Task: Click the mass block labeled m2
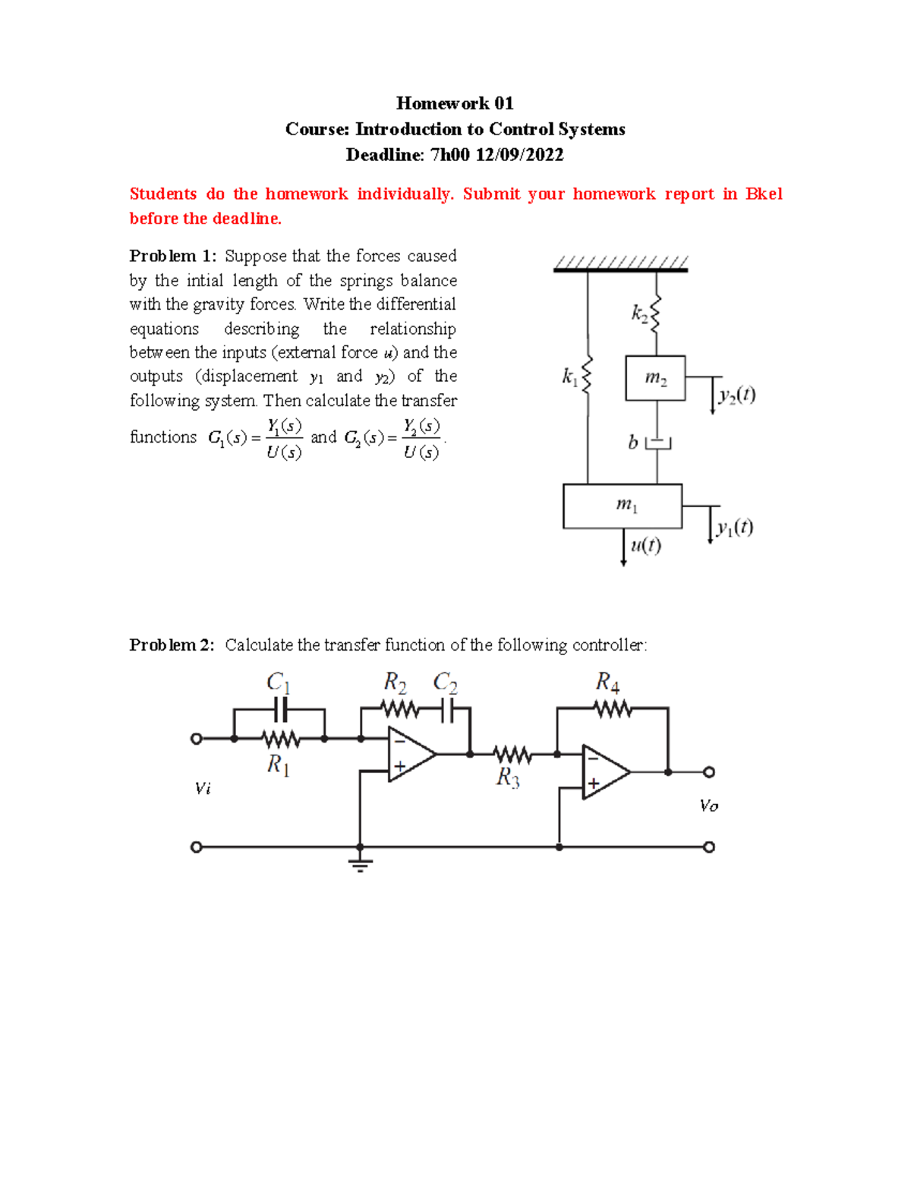[x=655, y=378]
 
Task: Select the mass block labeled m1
[x=623, y=506]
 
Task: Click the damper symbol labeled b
[x=657, y=442]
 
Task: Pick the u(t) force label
[x=645, y=545]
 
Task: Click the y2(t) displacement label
[x=736, y=395]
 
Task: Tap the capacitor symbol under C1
[x=280, y=710]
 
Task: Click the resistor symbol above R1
[x=280, y=738]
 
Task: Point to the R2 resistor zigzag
[x=399, y=709]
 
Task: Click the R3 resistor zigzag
[x=512, y=755]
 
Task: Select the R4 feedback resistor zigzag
[x=612, y=708]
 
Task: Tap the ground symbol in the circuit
[x=360, y=863]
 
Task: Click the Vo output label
[x=708, y=805]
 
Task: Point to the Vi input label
[x=203, y=789]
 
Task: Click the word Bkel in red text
[x=763, y=194]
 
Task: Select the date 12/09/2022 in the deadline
[x=519, y=156]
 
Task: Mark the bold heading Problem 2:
[x=172, y=645]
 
